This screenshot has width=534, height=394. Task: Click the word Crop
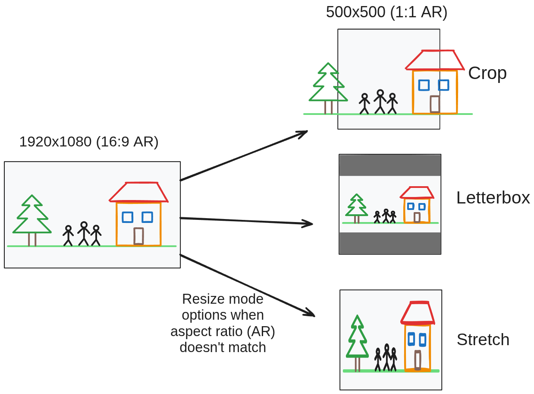[x=487, y=73]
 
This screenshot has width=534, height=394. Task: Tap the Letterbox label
[x=493, y=197]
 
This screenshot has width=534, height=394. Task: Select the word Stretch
[x=483, y=340]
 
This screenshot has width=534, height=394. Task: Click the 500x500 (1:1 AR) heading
[x=386, y=12]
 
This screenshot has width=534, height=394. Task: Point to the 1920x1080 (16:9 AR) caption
[x=89, y=142]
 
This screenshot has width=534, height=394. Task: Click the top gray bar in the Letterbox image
[x=390, y=165]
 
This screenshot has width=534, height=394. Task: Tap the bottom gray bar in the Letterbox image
[x=390, y=243]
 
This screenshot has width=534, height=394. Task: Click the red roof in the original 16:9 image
[x=138, y=192]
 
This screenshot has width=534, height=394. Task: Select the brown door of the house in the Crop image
[x=435, y=104]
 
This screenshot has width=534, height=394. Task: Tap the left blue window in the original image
[x=127, y=217]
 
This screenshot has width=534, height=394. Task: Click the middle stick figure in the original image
[x=84, y=233]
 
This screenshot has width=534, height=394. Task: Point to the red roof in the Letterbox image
[x=417, y=192]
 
